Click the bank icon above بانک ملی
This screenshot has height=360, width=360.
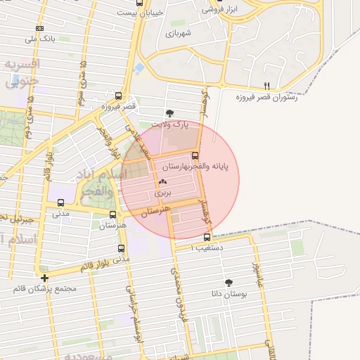(x=39, y=28)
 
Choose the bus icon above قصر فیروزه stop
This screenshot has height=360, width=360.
(x=118, y=96)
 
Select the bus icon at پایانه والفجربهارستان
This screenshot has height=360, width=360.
(x=195, y=155)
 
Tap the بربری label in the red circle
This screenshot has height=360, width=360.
(x=163, y=191)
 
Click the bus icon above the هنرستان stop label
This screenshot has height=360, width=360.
(x=112, y=214)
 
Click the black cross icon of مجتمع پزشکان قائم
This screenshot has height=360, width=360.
(x=45, y=278)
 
